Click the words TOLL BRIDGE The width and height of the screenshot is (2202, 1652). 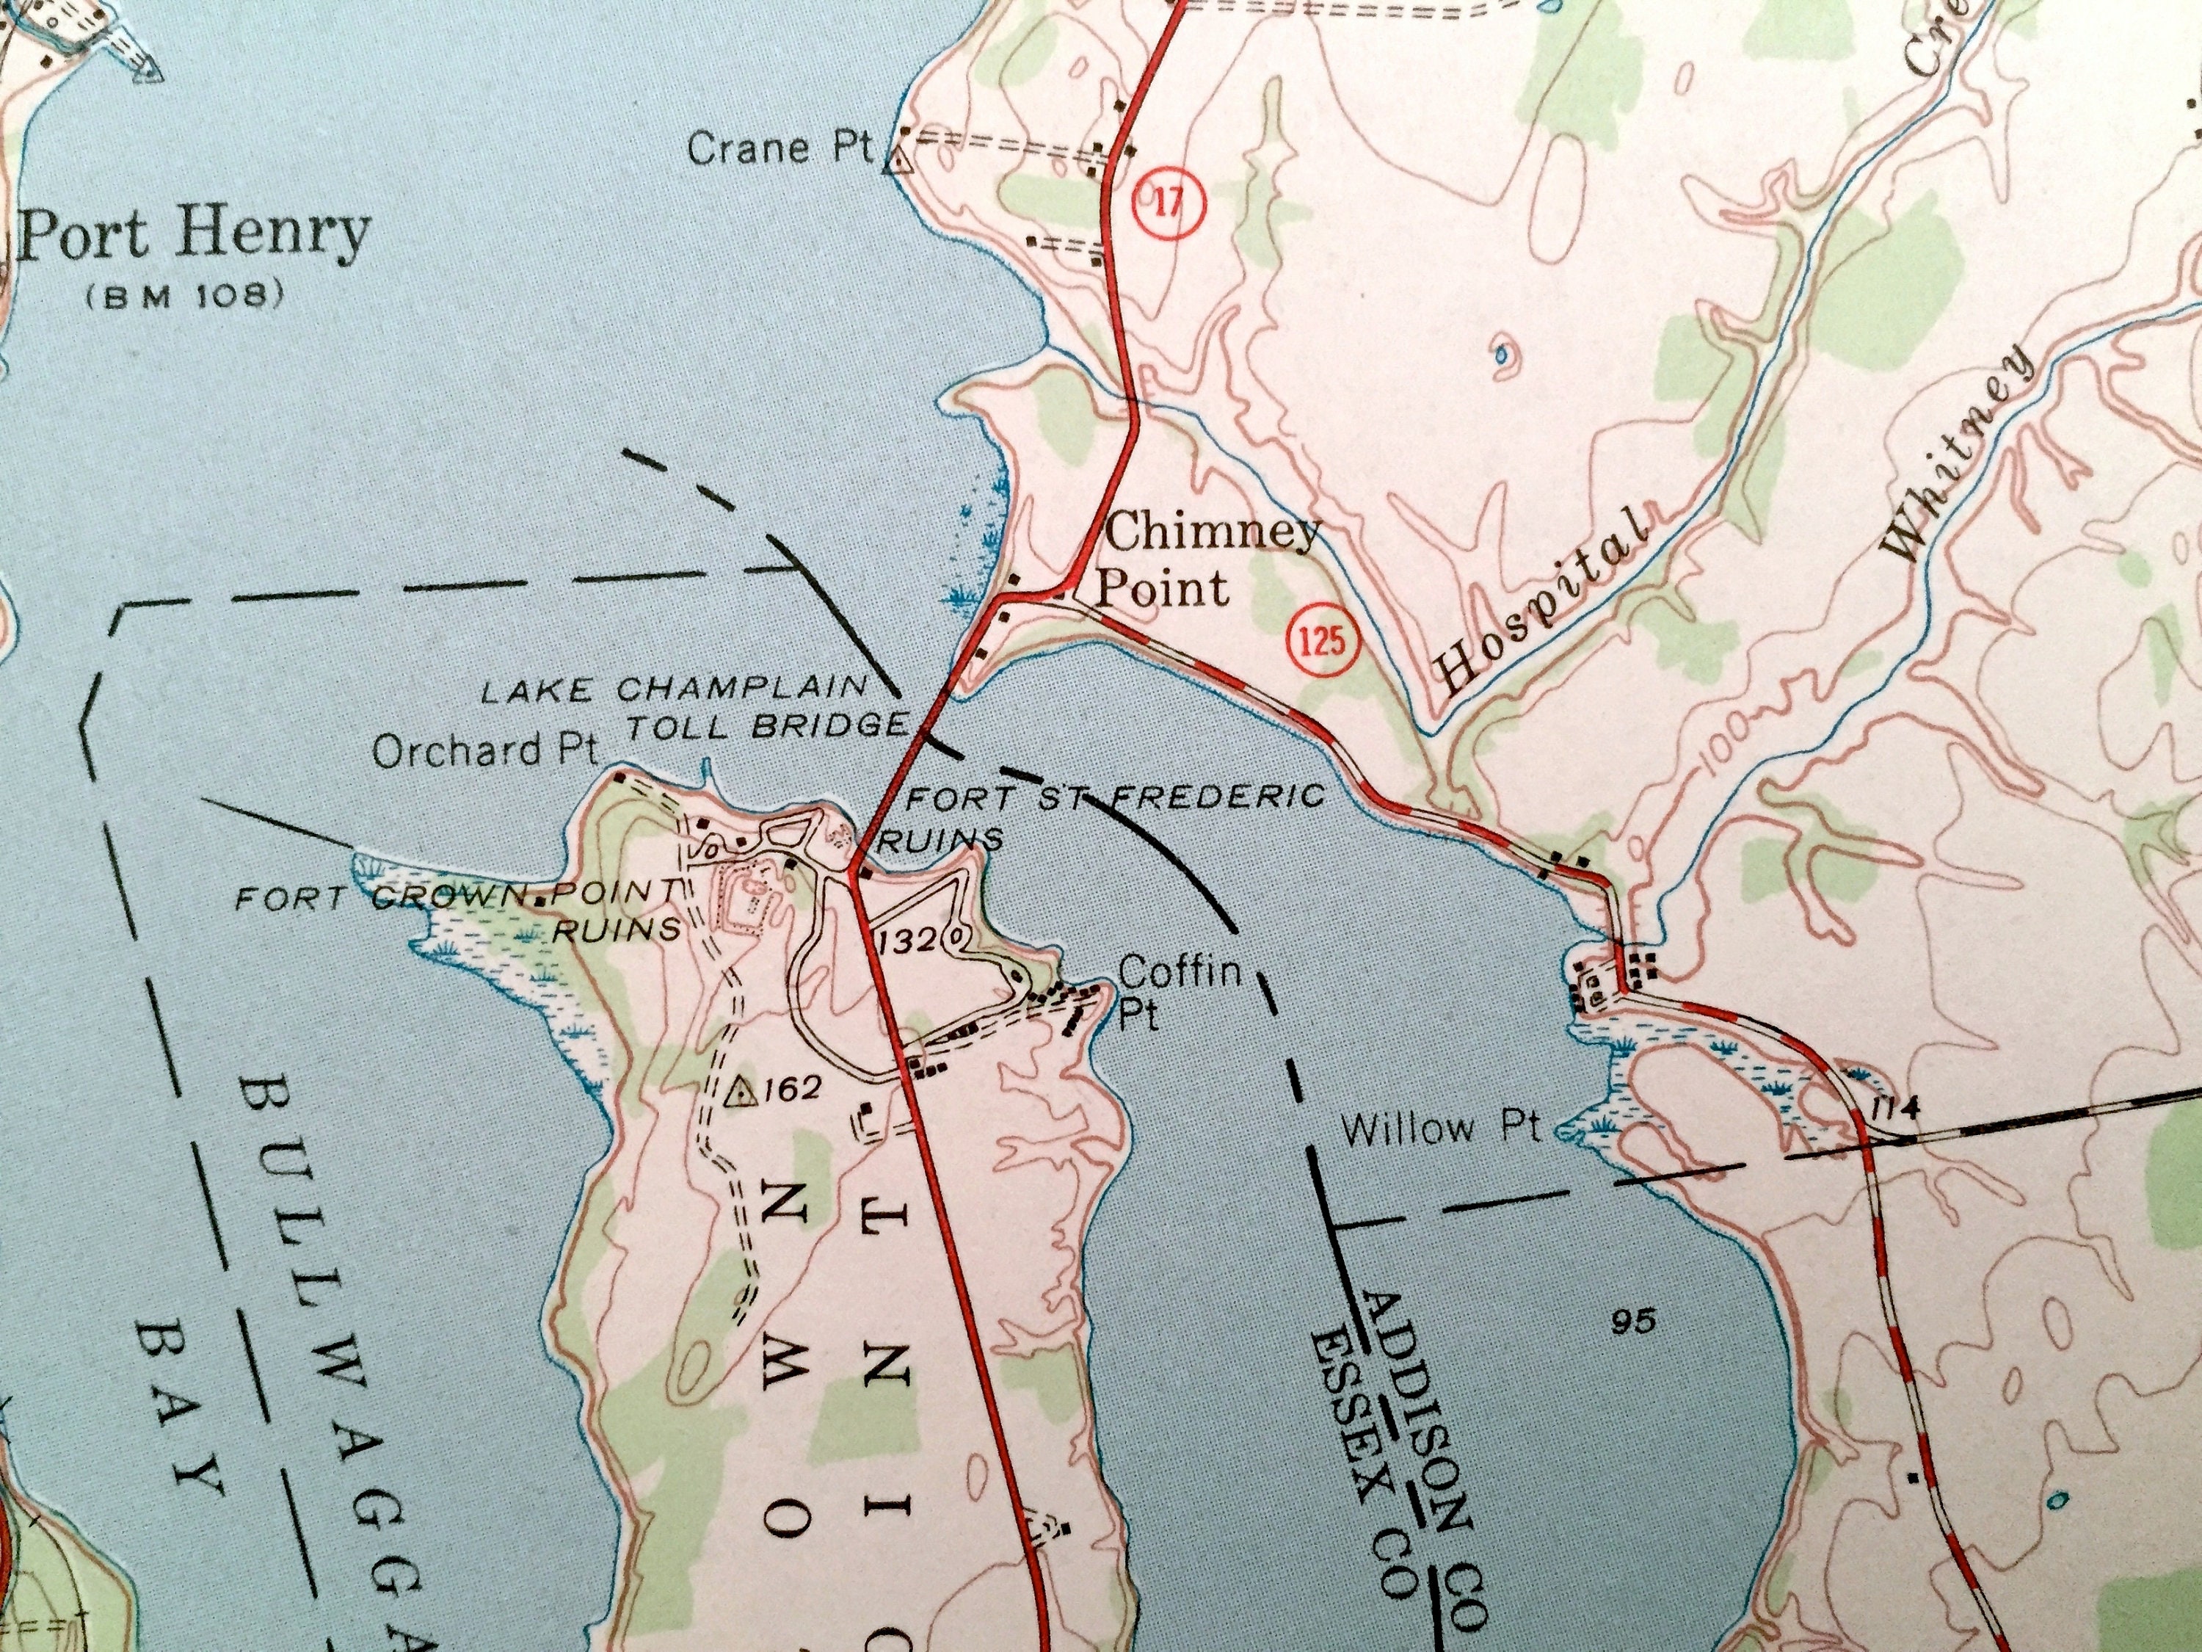point(766,726)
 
